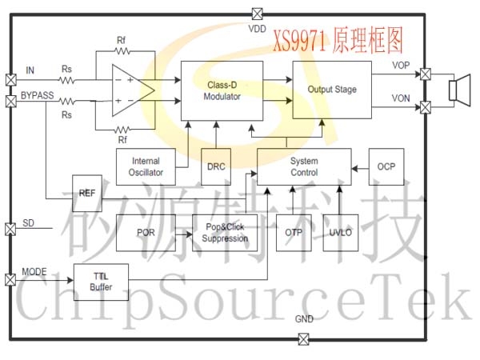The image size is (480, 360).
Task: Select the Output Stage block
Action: (332, 90)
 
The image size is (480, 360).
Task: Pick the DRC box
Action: (215, 167)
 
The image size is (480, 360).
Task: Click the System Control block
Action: (304, 166)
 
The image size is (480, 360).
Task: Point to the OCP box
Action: (386, 166)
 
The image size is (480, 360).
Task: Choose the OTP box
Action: (292, 233)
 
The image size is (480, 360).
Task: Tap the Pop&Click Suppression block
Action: (225, 233)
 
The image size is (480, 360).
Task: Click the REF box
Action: (88, 193)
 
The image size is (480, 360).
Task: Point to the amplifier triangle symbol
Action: (131, 90)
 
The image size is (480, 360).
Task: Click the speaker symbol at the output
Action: (458, 90)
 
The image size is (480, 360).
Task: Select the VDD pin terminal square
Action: (257, 13)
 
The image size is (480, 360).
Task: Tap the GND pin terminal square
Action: (303, 338)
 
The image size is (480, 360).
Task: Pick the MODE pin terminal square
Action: (10, 279)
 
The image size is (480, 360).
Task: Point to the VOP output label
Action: (402, 65)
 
